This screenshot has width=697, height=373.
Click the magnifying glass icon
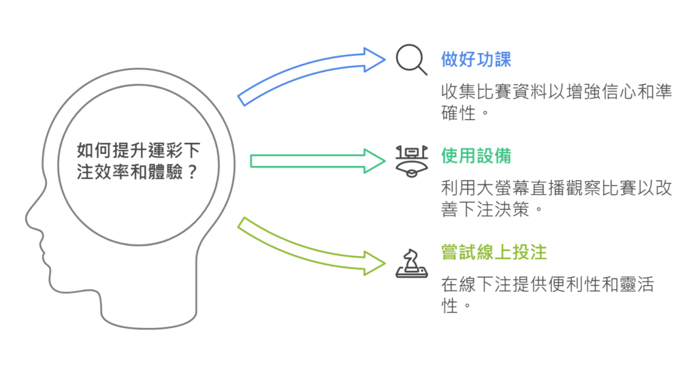click(411, 60)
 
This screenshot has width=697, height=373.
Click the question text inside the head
click(138, 161)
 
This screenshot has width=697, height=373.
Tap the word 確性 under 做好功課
click(457, 112)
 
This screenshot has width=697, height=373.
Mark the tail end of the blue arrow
click(242, 99)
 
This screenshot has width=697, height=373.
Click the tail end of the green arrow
click(254, 161)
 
